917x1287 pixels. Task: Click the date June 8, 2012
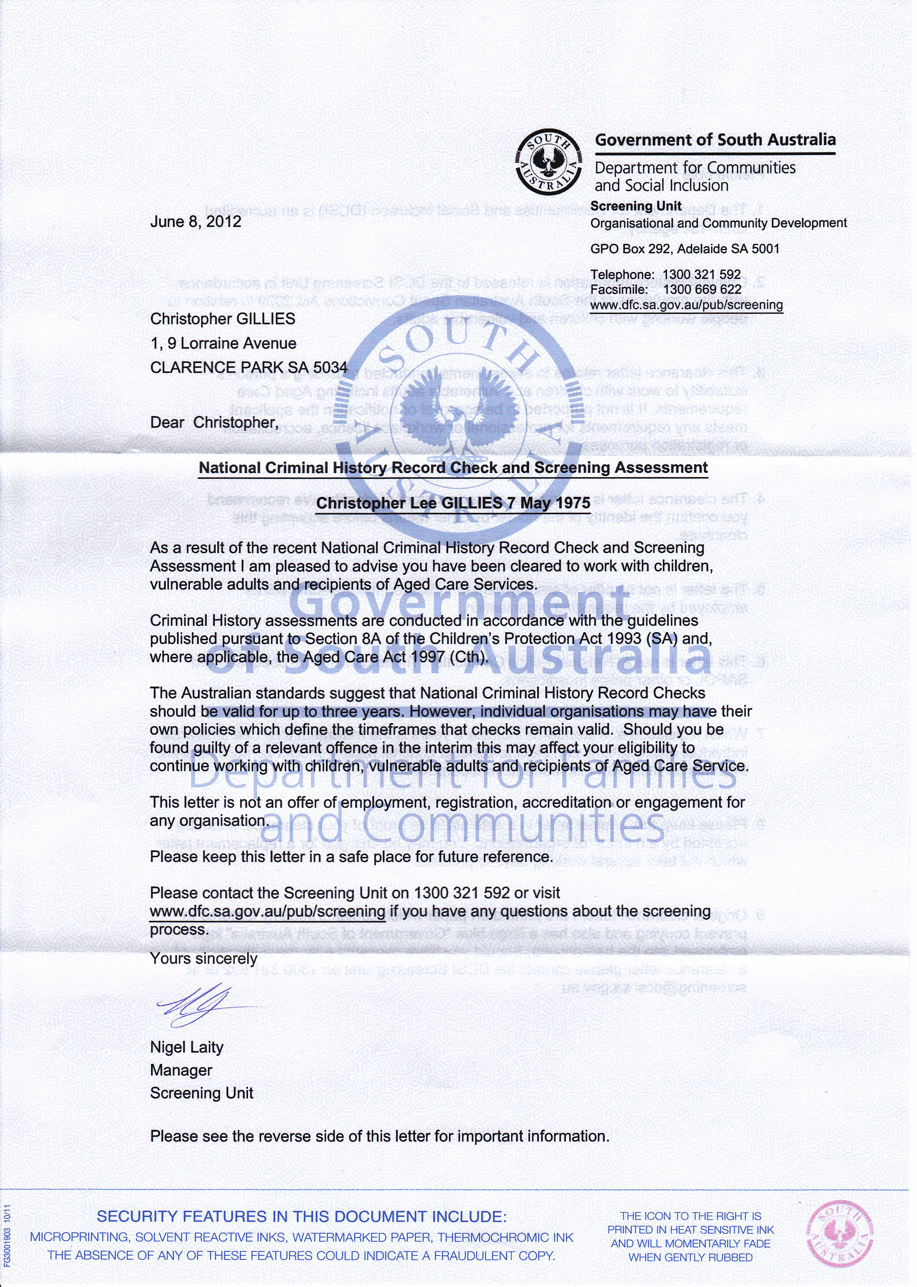coord(195,221)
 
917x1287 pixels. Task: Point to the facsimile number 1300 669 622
coord(702,289)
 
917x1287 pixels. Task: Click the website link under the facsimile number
coord(686,305)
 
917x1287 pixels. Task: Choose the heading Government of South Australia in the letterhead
coord(715,140)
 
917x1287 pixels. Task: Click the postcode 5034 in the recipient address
coord(330,367)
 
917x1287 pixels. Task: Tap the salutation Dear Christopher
coord(214,422)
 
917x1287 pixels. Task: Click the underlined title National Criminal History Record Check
coord(453,468)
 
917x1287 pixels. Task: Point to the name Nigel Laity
coord(186,1047)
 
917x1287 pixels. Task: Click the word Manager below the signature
coord(181,1070)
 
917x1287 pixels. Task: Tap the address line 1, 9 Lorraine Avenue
coord(223,343)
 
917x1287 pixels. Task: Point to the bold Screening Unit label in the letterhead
coord(636,206)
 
